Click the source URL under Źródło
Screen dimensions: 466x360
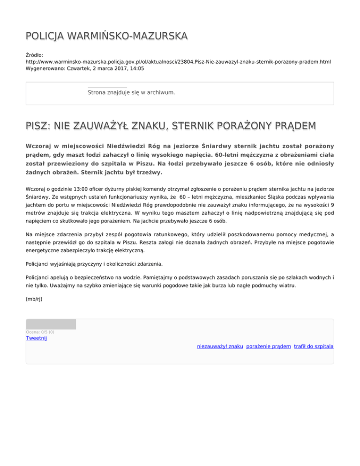[178, 61]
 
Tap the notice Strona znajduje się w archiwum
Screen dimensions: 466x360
[131, 92]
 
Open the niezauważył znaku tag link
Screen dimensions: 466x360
[220, 346]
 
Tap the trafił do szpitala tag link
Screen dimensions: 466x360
[314, 346]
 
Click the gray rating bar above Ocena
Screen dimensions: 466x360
[51, 324]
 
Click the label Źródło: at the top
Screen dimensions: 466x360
[35, 55]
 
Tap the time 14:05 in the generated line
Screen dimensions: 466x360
[136, 68]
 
